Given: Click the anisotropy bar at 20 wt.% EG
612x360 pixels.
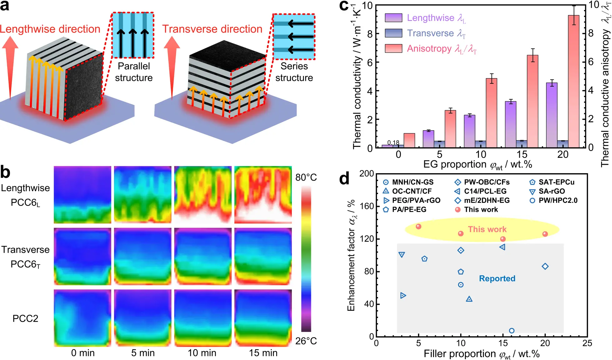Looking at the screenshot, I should tap(574, 81).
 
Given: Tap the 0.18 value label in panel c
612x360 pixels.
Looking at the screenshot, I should tap(393, 142).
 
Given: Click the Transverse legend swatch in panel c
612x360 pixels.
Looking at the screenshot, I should tap(393, 33).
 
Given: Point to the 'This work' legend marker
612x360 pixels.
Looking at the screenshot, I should tap(458, 210).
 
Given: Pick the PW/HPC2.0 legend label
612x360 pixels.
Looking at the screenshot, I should tap(558, 201).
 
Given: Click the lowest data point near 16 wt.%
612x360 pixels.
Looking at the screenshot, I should tap(512, 331).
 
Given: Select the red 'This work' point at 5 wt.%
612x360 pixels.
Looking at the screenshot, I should tap(419, 227).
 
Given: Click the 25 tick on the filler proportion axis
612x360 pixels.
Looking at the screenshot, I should tap(587, 343).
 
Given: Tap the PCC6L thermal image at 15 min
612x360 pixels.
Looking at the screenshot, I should tap(263, 195).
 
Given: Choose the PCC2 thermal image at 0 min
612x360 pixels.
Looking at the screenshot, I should tap(82, 318).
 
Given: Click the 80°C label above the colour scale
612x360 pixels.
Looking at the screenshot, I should tap(306, 177).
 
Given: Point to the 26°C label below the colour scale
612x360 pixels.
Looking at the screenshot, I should tap(306, 341).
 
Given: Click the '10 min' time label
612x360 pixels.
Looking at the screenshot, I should tap(202, 353).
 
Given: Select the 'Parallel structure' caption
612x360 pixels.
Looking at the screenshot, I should tap(134, 72).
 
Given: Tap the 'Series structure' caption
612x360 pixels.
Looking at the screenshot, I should tap(294, 72).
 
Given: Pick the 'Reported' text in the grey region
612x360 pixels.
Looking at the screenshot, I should tap(497, 278).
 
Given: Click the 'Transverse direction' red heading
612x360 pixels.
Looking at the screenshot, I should tap(212, 29).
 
